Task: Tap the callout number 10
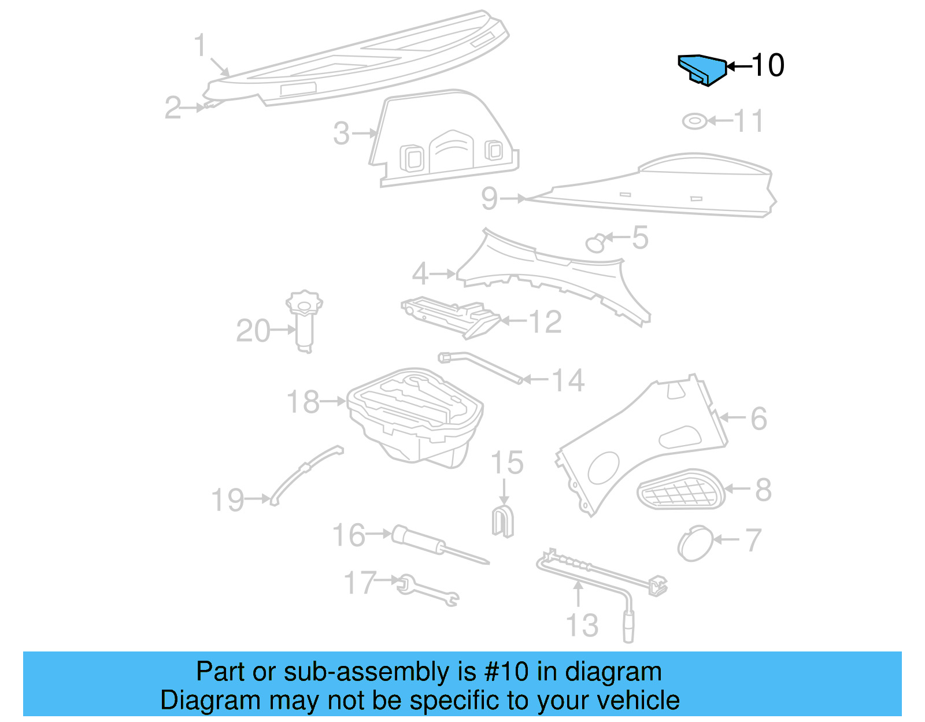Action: tap(768, 65)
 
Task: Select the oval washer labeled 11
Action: tap(694, 121)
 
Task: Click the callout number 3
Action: tap(342, 134)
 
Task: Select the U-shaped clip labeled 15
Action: tap(502, 520)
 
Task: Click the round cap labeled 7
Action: tap(695, 543)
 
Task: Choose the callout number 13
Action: tap(582, 625)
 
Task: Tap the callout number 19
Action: tap(228, 501)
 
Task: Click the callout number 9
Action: tap(489, 199)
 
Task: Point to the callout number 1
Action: tap(200, 46)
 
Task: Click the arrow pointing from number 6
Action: tap(732, 417)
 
